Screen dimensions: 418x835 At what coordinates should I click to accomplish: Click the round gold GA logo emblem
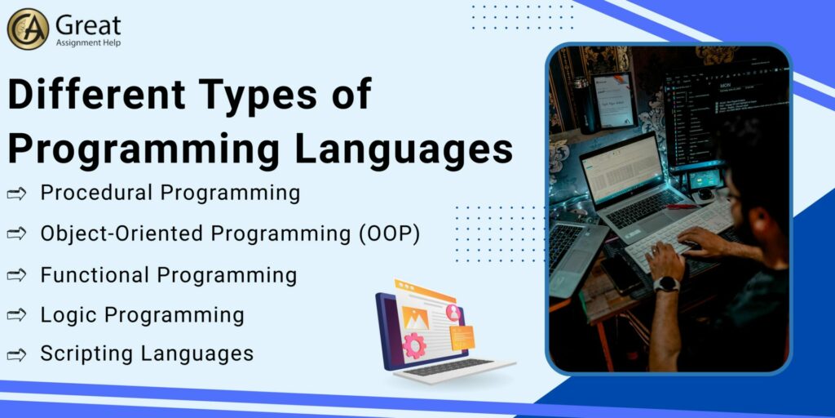[28, 29]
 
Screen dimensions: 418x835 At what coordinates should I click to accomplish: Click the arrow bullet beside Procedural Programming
[16, 193]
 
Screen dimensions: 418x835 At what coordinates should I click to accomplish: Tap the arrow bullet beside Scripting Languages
[16, 354]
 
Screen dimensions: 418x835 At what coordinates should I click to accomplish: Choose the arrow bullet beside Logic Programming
[16, 315]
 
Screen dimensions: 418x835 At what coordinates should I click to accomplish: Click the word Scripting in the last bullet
[86, 354]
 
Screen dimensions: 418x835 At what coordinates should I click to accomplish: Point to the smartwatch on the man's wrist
[667, 284]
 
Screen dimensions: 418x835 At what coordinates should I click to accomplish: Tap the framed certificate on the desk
[614, 100]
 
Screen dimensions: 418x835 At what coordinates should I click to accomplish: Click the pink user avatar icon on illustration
[453, 312]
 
